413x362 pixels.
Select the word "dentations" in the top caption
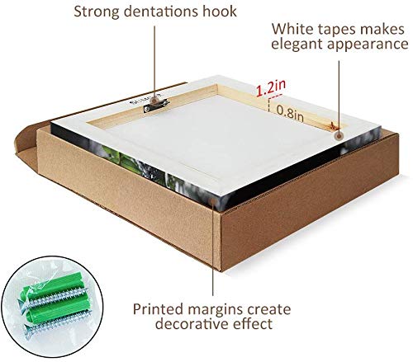click(161, 12)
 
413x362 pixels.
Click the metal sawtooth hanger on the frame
click(156, 105)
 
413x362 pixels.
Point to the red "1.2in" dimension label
click(271, 88)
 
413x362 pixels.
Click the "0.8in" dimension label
click(290, 113)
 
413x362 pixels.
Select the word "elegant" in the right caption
click(297, 45)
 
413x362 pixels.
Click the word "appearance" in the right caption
click(368, 45)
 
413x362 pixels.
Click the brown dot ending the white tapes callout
click(339, 136)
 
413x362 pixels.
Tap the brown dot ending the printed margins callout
click(213, 201)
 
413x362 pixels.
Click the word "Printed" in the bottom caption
click(158, 309)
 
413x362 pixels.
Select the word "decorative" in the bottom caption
click(192, 324)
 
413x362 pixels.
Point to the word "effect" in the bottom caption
click(253, 323)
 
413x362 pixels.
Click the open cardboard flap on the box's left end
click(26, 146)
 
